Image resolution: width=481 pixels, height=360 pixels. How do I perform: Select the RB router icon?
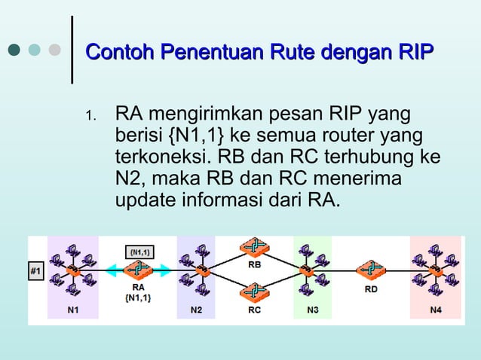point(256,248)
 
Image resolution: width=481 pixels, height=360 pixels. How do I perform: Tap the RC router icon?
point(256,291)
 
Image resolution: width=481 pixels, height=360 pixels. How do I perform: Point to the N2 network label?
point(196,310)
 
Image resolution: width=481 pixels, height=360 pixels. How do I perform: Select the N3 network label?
point(313,310)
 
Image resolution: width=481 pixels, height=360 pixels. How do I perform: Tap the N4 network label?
point(436,310)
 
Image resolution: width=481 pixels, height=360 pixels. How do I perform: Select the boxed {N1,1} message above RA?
point(139,251)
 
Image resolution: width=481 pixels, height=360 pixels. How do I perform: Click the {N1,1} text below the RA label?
point(139,297)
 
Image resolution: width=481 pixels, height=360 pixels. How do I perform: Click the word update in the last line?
point(140,202)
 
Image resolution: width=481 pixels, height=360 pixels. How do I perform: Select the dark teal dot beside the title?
point(14,50)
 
